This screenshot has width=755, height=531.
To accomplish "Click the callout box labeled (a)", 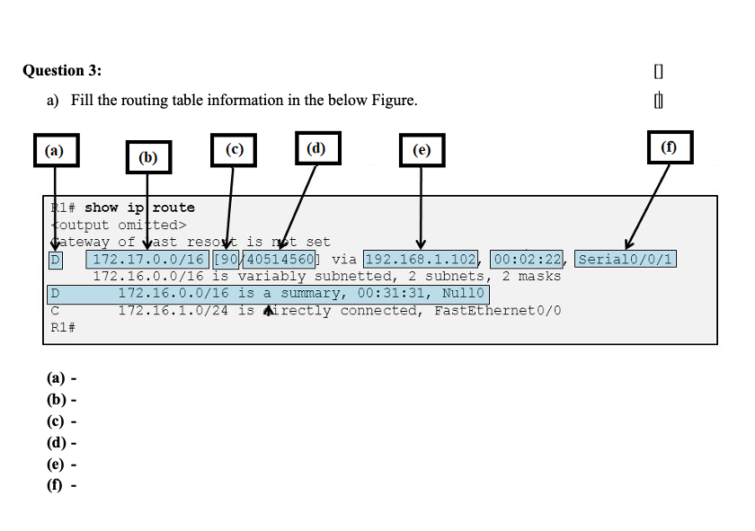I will pos(56,150).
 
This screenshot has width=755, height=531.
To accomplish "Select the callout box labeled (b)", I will pos(147,157).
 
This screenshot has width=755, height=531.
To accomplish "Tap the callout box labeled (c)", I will pos(234,150).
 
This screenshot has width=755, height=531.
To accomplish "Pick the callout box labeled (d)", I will pos(317,148).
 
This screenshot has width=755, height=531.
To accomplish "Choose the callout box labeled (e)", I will pos(422,151).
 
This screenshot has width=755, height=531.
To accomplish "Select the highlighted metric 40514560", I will pos(279,260).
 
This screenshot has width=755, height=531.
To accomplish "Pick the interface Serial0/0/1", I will pos(626,260).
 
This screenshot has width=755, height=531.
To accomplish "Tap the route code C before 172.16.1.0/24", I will pos(55,311).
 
